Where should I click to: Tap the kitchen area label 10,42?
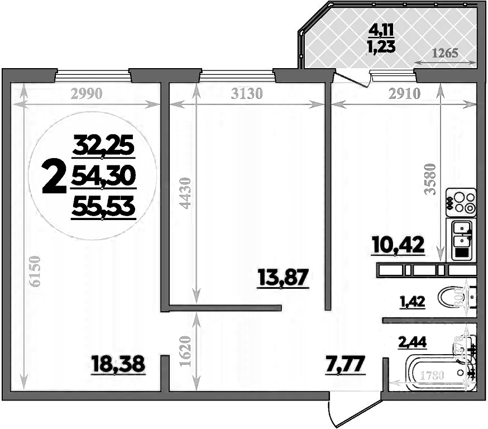(399, 244)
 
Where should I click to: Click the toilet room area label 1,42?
(412, 302)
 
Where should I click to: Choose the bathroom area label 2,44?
(412, 342)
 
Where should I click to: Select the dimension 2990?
(87, 94)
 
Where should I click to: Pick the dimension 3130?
(246, 94)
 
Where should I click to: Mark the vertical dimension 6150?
(34, 271)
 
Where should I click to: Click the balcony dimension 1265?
(445, 54)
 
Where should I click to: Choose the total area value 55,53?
(103, 207)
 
